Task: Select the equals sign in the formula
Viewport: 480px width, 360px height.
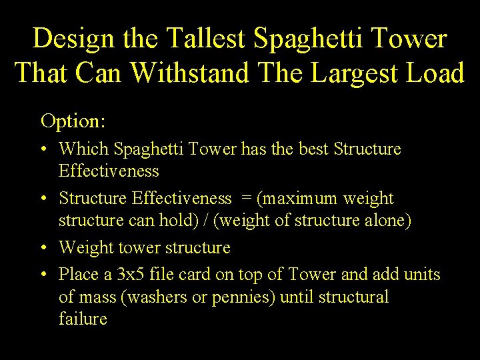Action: click(244, 199)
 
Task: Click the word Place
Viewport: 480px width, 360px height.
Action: click(77, 274)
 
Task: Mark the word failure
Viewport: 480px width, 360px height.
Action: click(83, 319)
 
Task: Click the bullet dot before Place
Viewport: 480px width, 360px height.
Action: click(45, 275)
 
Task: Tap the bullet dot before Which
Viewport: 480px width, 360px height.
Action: click(45, 149)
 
